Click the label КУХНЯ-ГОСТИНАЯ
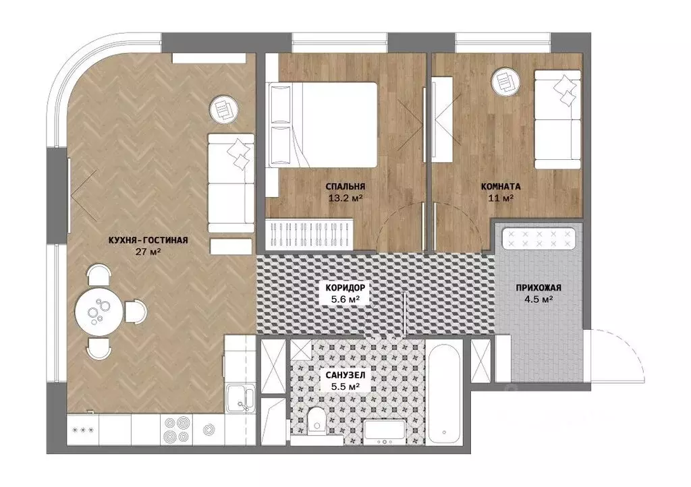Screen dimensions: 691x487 (148, 240)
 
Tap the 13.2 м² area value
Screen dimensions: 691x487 (345, 198)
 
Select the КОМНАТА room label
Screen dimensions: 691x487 (500, 187)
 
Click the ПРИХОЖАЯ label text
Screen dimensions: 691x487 (538, 288)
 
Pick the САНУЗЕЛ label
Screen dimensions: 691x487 (345, 376)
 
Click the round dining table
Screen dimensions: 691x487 (99, 312)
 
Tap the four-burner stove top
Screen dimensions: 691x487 (176, 429)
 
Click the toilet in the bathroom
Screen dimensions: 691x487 (315, 420)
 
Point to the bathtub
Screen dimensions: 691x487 (444, 393)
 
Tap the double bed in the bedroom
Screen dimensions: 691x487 (323, 124)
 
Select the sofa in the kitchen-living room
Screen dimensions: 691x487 (231, 184)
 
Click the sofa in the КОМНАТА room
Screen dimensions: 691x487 (558, 119)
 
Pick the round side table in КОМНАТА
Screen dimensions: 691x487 (506, 82)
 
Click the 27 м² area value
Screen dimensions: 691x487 (148, 252)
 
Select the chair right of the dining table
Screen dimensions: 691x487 (135, 312)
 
